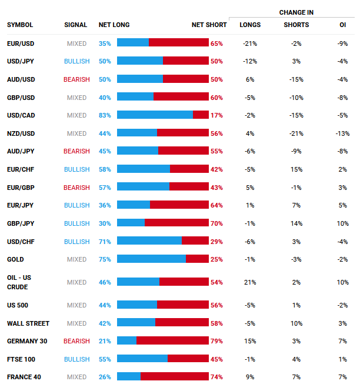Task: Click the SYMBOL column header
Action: pos(20,25)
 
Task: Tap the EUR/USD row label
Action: pos(20,44)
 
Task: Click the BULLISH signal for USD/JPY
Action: pos(76,61)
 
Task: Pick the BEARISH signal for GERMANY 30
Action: pos(76,341)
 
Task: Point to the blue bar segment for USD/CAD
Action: pos(155,115)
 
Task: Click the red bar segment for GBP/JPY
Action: pos(176,223)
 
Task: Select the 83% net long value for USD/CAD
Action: pos(105,115)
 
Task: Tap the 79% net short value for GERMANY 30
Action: pos(216,341)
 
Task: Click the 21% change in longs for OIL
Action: pos(250,282)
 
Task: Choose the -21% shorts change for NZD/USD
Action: pos(296,133)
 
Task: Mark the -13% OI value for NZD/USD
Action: pos(342,133)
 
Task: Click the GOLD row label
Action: pos(15,259)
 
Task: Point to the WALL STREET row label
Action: pos(28,323)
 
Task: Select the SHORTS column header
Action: pos(296,25)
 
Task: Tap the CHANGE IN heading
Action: pos(296,12)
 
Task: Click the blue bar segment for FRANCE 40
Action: pos(129,377)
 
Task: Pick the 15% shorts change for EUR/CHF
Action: pos(296,169)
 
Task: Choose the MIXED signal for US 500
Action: pos(76,305)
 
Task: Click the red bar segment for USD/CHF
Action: pos(195,240)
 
